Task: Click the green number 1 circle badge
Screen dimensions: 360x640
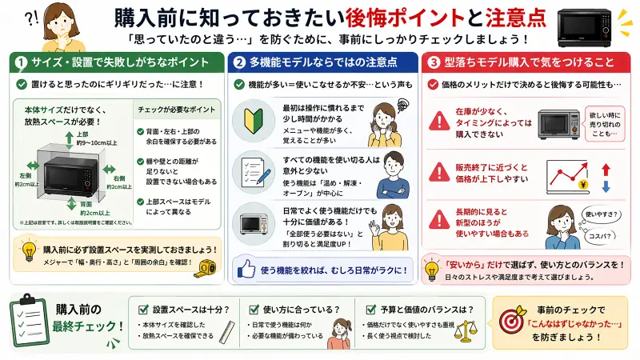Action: pyautogui.click(x=18, y=62)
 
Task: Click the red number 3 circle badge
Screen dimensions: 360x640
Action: pyautogui.click(x=434, y=62)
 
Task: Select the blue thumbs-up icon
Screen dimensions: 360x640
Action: pyautogui.click(x=245, y=270)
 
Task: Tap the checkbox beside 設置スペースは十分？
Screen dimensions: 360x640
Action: pyautogui.click(x=143, y=309)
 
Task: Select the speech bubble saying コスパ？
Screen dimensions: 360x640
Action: pyautogui.click(x=604, y=236)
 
